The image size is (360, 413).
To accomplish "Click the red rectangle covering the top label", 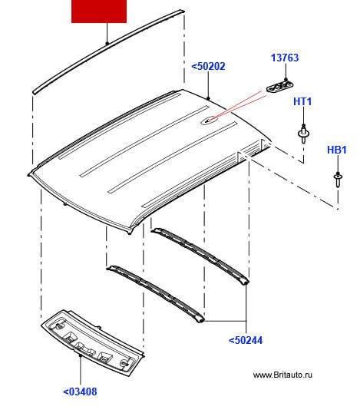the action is tap(99, 12).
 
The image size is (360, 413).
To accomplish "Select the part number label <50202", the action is tap(208, 66).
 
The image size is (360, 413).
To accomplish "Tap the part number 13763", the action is tap(285, 58).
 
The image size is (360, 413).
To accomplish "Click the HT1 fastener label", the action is tap(302, 101).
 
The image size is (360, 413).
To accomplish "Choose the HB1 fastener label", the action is tap(336, 150).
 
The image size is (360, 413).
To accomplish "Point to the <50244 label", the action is tap(246, 340).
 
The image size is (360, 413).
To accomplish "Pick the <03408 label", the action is tap(80, 392).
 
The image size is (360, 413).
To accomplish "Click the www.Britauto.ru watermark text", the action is tap(282, 375).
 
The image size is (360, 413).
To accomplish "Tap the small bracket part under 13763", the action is tap(279, 87).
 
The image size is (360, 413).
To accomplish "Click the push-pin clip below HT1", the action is tap(303, 134).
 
